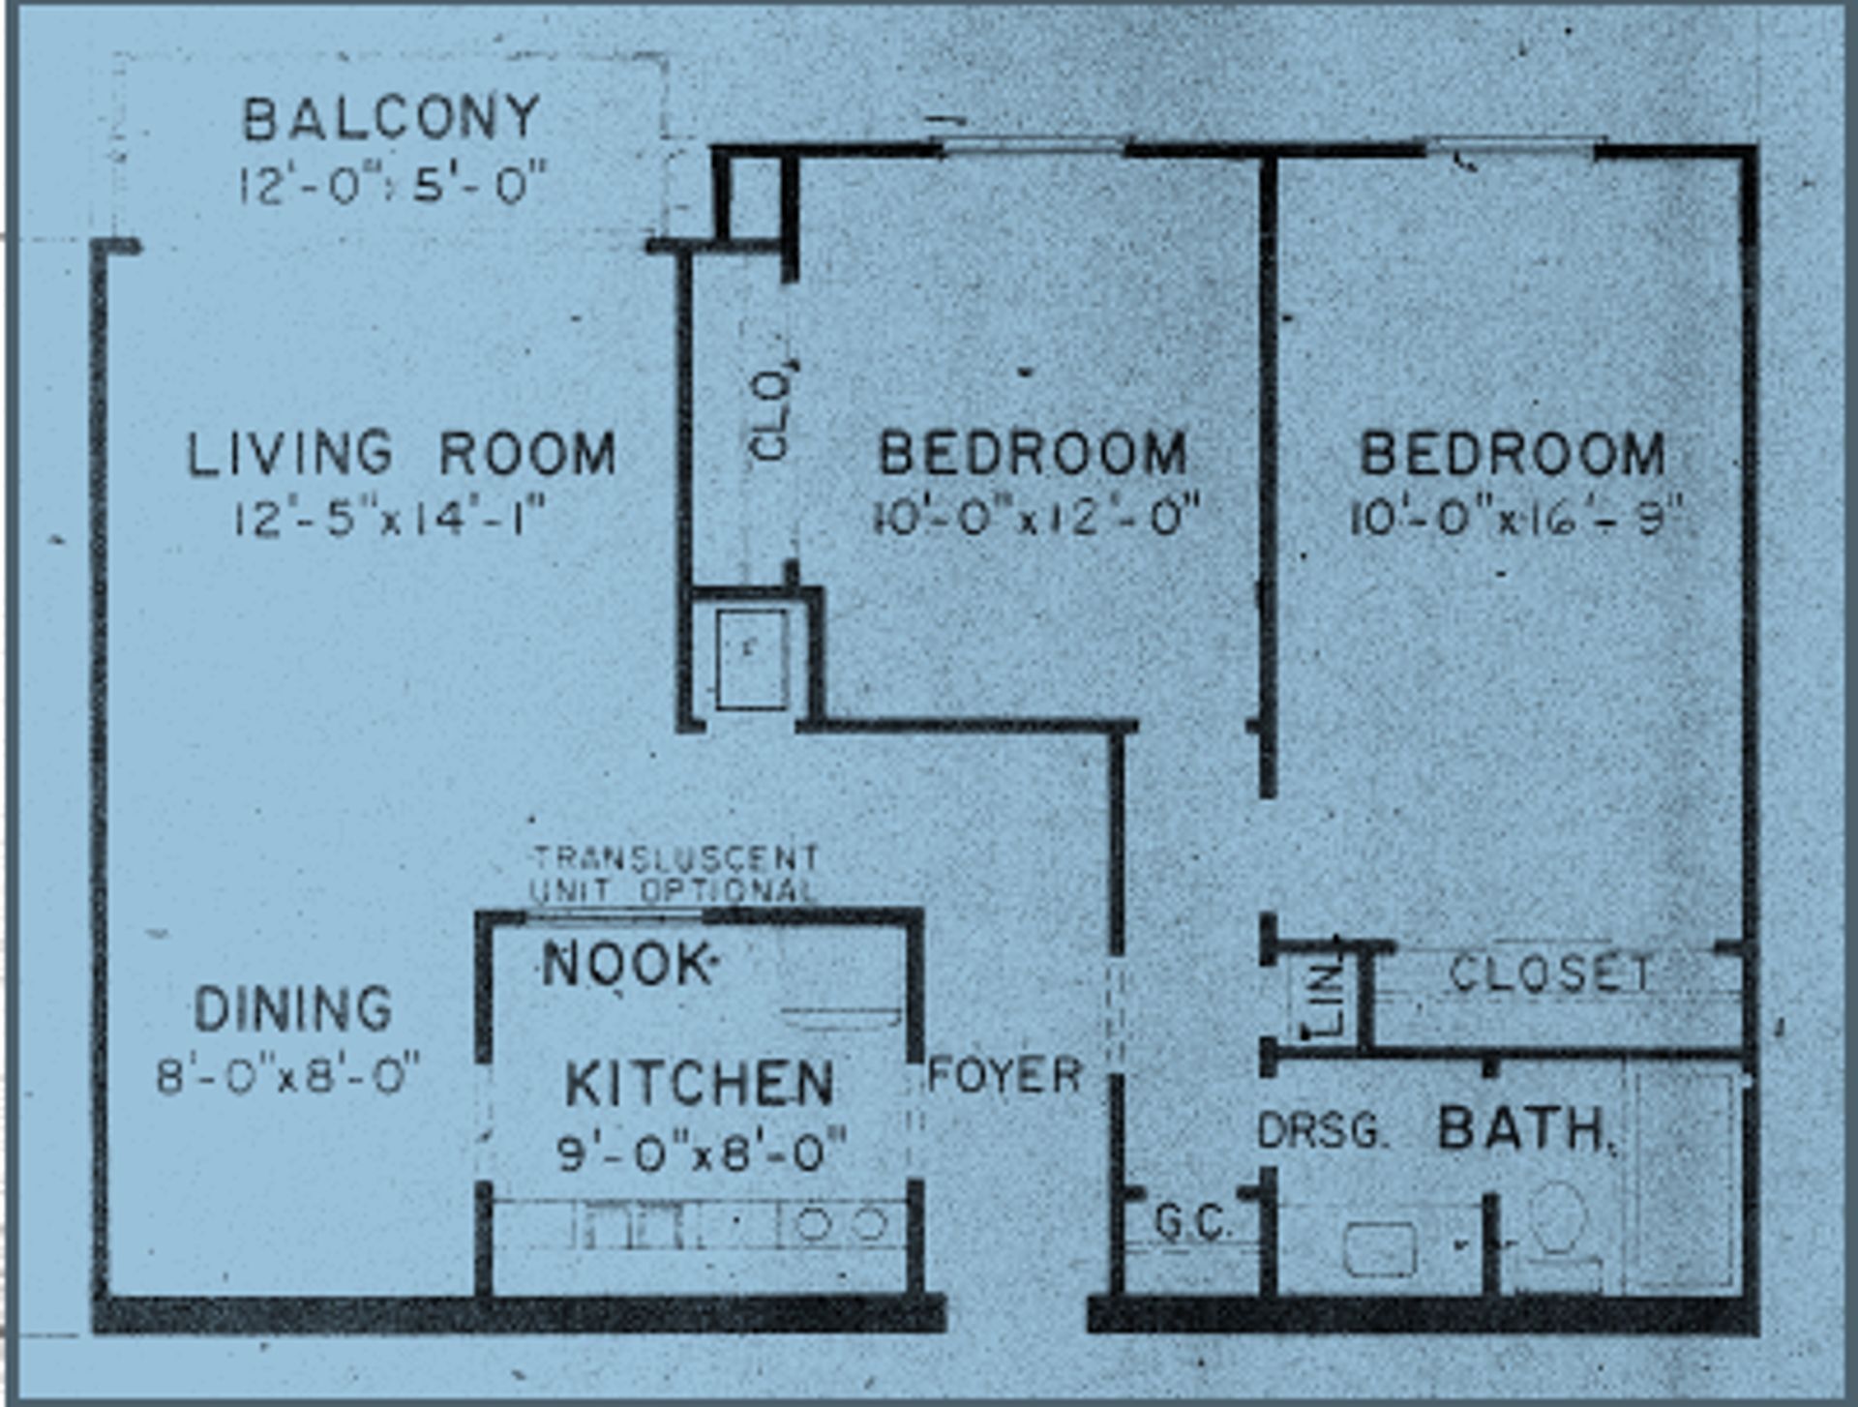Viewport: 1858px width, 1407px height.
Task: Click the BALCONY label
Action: tap(391, 118)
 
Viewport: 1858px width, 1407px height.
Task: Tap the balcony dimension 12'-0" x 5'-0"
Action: tap(393, 183)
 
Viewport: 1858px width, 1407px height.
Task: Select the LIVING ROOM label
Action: tap(402, 454)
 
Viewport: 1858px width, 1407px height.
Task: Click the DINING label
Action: tap(293, 1009)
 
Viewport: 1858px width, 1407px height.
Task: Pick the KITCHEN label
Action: tap(699, 1084)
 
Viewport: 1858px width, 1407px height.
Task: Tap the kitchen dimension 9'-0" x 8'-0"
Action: tap(702, 1153)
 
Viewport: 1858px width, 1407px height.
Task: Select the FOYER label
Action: tap(1004, 1076)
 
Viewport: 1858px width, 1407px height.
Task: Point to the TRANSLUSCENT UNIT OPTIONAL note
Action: tap(674, 874)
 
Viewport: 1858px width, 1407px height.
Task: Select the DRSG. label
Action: tap(1322, 1131)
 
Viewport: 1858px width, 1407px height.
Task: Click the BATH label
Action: tap(1525, 1129)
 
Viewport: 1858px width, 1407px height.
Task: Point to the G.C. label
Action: tap(1193, 1223)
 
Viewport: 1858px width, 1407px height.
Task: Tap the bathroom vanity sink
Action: tap(1380, 1248)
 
